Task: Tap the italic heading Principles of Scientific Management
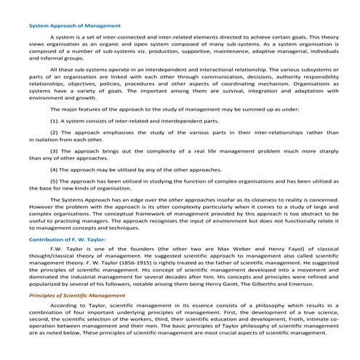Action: tap(77, 296)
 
